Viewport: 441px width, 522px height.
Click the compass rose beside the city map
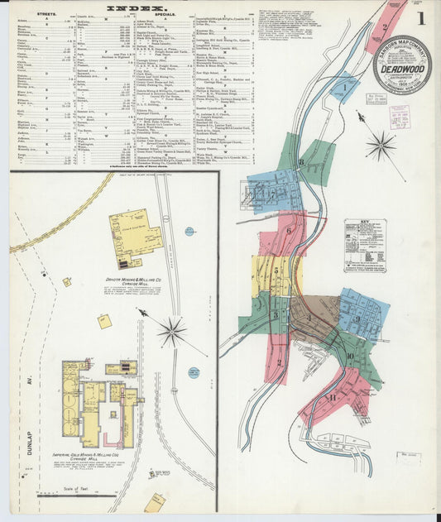(x=381, y=146)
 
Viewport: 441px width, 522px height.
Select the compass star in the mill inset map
(x=172, y=332)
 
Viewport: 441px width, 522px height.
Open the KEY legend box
(x=365, y=246)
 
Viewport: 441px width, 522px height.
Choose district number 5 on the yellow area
(x=275, y=270)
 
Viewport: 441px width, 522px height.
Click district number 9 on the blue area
(x=357, y=318)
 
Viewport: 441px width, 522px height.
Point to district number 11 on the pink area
(x=333, y=398)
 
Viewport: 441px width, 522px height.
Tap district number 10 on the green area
(x=350, y=357)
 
